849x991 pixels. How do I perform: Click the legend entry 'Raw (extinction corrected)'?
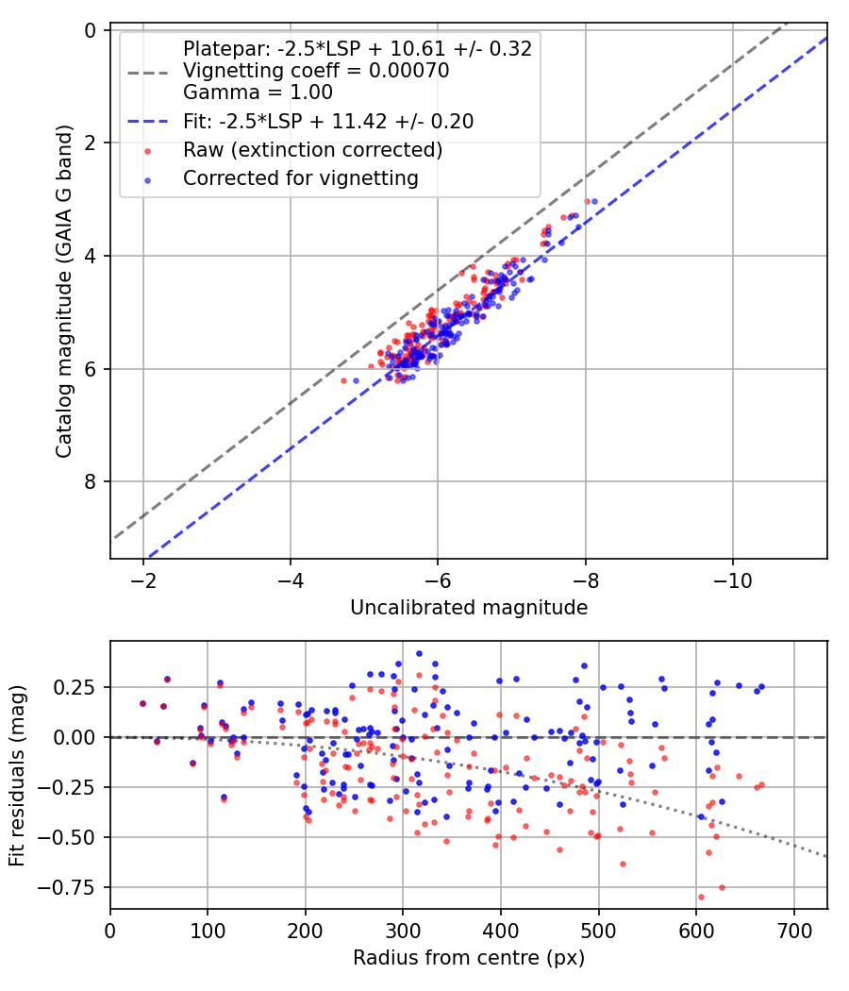(312, 149)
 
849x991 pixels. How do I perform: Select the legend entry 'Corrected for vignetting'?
(300, 177)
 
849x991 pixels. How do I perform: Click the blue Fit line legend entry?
(328, 121)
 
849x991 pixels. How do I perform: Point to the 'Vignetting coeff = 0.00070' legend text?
(316, 71)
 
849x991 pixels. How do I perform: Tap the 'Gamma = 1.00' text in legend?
(258, 92)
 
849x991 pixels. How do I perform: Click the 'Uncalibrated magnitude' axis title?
(469, 608)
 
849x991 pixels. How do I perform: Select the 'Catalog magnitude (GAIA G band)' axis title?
(64, 294)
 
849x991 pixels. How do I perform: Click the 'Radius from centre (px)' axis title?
(469, 958)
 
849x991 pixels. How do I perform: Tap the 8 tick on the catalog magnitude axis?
(91, 482)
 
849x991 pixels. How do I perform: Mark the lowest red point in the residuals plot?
(701, 897)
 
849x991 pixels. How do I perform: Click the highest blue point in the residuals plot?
(419, 653)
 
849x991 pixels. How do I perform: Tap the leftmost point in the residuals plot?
(142, 703)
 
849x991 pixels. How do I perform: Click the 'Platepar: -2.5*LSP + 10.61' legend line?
(357, 48)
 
